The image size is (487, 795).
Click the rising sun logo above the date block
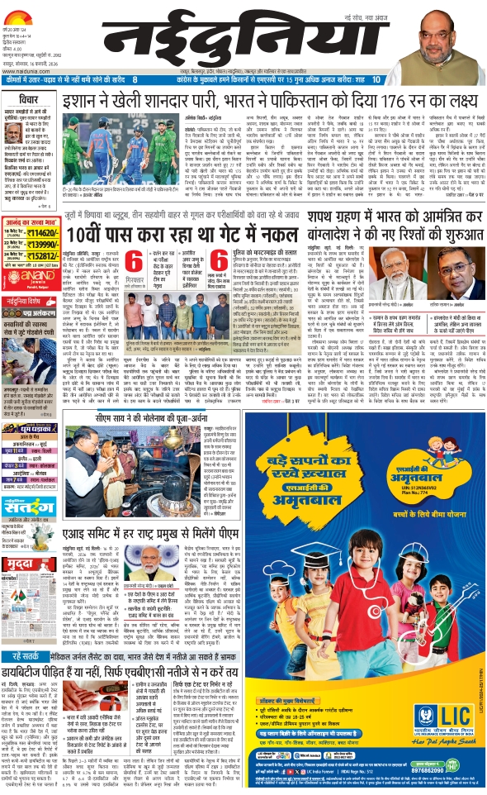click(x=24, y=9)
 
